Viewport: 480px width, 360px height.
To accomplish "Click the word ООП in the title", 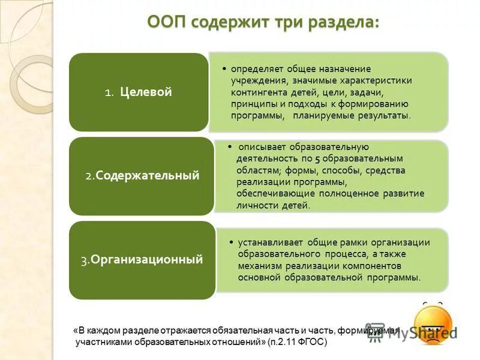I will [167, 22].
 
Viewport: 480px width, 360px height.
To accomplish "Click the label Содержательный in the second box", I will [147, 176].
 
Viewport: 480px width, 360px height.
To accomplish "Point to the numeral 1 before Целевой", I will [108, 93].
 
